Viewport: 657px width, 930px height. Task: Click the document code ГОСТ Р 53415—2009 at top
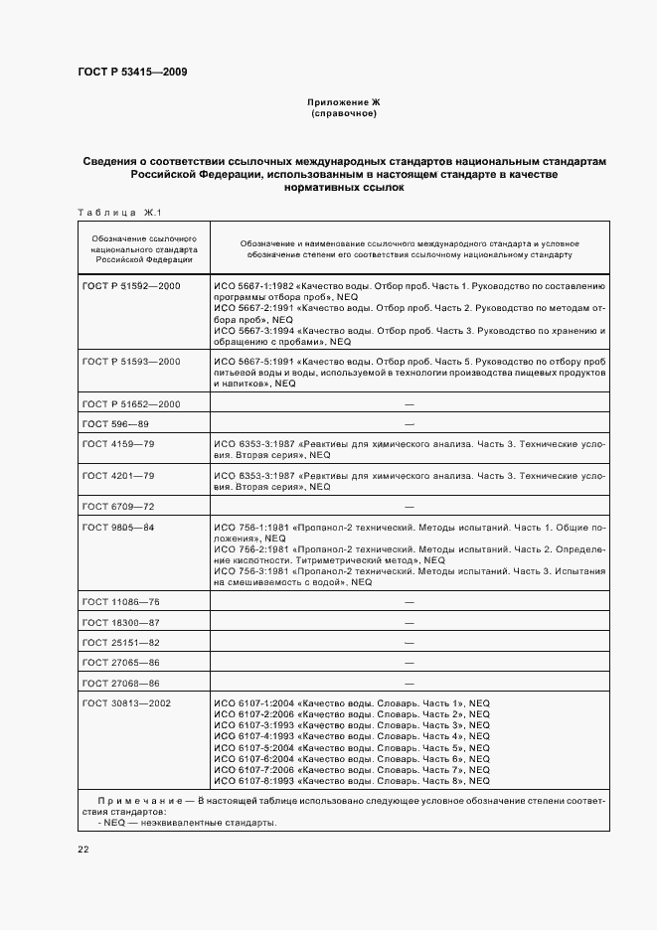(132, 72)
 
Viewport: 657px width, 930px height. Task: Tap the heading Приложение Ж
(343, 102)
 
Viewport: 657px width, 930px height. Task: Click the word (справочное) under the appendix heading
(343, 113)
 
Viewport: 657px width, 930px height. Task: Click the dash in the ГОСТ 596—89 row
(410, 423)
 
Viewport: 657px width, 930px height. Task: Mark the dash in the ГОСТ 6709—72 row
(410, 507)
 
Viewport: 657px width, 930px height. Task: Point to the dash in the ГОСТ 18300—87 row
(410, 622)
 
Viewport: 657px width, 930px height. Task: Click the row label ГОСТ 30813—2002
(127, 703)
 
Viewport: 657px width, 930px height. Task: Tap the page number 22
(83, 849)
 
